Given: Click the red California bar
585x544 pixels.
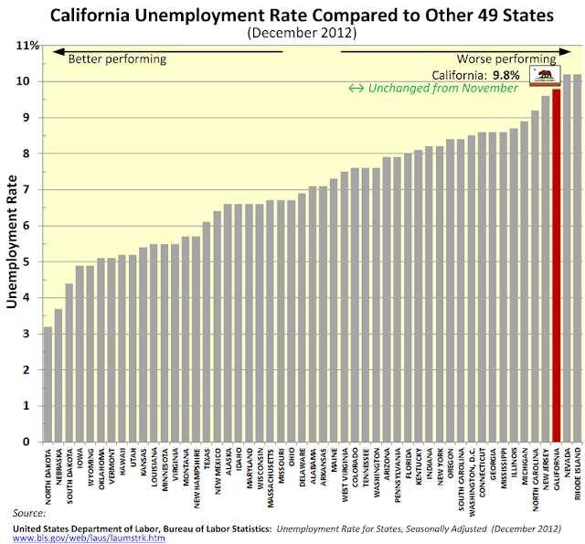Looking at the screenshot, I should [x=557, y=265].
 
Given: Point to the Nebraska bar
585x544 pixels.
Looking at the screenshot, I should [x=58, y=375].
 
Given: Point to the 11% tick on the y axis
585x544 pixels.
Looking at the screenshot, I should [x=29, y=46].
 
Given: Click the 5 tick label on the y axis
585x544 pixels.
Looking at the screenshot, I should [x=29, y=261].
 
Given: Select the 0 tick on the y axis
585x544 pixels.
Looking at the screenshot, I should [x=29, y=442].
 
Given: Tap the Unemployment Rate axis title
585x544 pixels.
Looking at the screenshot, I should [x=13, y=243].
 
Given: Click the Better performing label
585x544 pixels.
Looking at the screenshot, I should [x=117, y=59].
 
